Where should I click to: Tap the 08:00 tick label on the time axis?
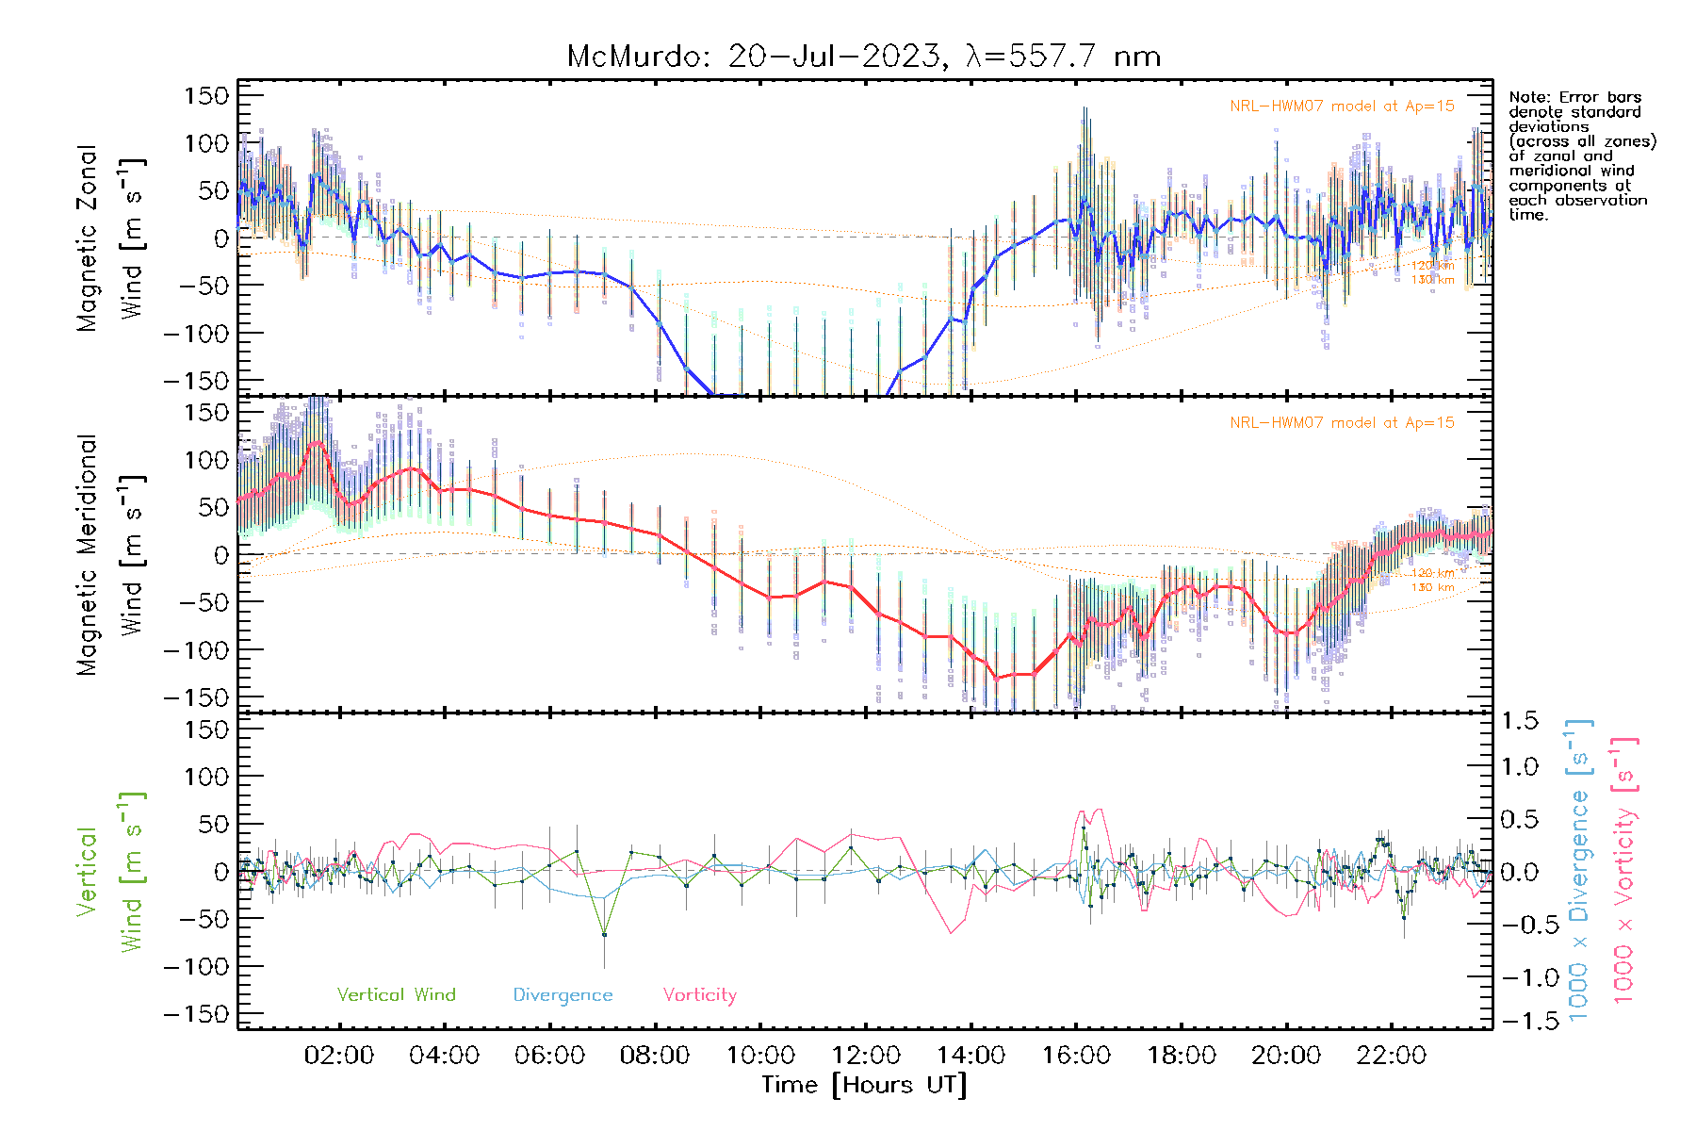point(654,1056)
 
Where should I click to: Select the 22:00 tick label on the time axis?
point(1391,1056)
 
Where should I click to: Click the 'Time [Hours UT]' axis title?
point(864,1085)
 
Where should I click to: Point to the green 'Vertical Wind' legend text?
point(396,994)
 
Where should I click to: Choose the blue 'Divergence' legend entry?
point(563,994)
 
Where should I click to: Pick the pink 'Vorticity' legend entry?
point(699,994)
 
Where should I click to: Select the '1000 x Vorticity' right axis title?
point(1624,871)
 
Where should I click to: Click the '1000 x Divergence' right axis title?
point(1579,871)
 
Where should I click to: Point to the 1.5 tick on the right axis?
point(1520,720)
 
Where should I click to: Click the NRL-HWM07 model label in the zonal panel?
point(1342,107)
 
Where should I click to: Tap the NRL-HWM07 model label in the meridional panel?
point(1342,423)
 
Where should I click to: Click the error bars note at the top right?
point(1581,156)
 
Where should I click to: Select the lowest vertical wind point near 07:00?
point(604,935)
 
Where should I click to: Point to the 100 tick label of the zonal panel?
point(206,143)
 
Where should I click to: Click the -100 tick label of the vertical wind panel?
point(197,966)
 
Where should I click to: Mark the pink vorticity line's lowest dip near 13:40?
point(951,933)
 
